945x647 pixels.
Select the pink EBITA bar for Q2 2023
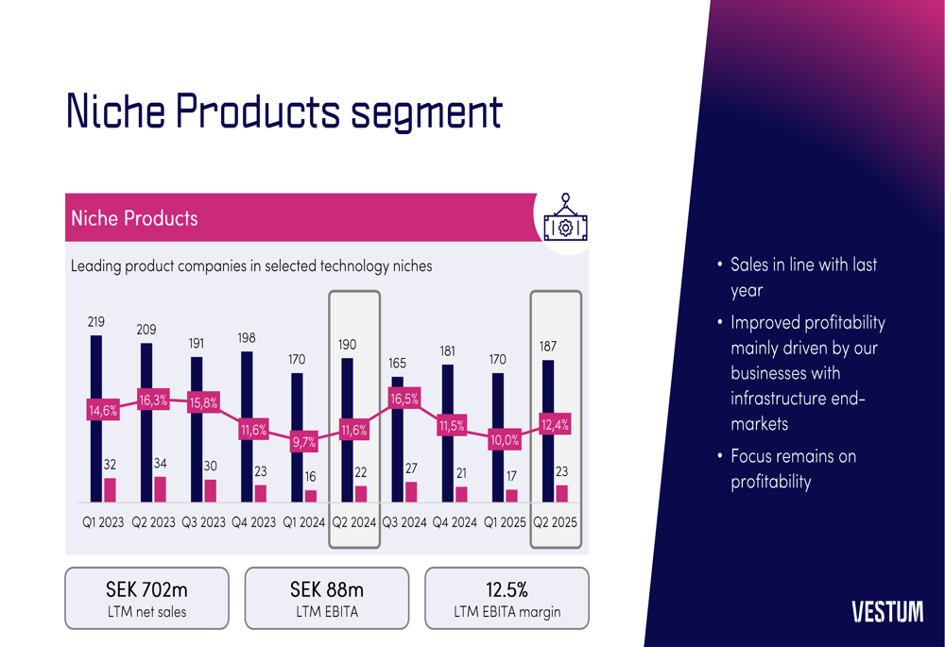point(160,489)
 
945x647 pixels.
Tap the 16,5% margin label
point(404,400)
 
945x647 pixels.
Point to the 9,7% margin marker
point(303,442)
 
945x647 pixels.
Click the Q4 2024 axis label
point(455,522)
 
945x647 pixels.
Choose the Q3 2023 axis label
point(203,522)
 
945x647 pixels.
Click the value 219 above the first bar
point(96,322)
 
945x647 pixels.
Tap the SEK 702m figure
point(146,590)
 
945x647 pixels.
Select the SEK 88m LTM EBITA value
point(327,590)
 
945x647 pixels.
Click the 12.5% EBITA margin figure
point(507,590)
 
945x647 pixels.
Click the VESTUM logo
point(887,612)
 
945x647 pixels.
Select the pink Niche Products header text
point(134,218)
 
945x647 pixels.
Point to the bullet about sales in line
point(803,277)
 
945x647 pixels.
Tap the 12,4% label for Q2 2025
point(555,424)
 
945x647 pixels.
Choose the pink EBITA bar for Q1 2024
point(311,496)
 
